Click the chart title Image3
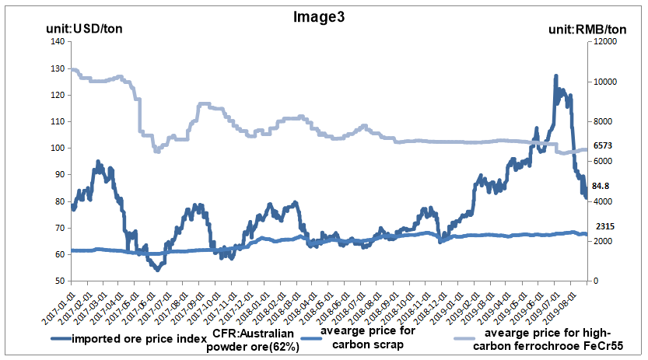tap(323, 16)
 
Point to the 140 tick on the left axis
tap(56, 42)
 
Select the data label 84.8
tap(601, 187)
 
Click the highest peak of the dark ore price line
tap(555, 76)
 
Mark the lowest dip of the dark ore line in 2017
tap(157, 269)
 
